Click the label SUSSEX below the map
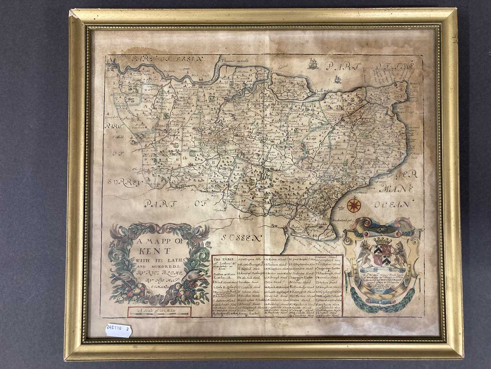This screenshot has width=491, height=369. [242, 237]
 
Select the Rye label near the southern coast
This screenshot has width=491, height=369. [275, 225]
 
